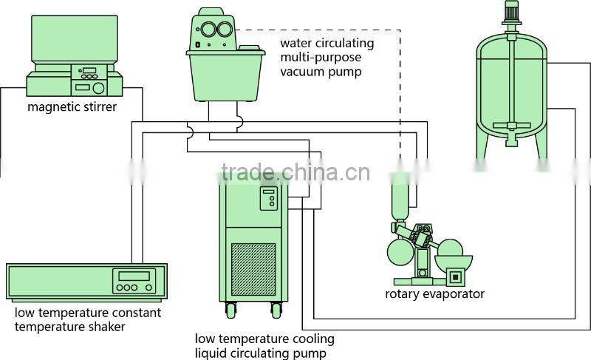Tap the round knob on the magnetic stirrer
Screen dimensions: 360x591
click(100, 87)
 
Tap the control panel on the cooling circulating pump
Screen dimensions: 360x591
click(268, 200)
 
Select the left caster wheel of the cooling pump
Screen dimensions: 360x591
click(230, 308)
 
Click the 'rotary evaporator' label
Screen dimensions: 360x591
click(434, 294)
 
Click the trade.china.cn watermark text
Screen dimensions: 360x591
click(295, 173)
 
